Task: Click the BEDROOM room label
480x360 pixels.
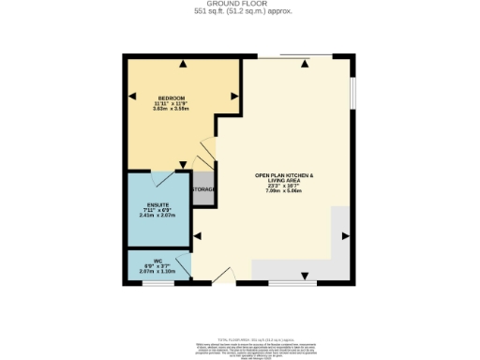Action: click(x=171, y=98)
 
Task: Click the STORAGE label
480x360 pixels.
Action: click(x=203, y=190)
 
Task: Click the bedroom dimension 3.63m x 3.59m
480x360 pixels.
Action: click(x=171, y=110)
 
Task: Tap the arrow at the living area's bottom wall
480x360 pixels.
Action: click(x=304, y=276)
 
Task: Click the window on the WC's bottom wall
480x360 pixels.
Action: click(x=158, y=282)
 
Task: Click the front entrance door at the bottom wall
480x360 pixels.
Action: click(x=223, y=276)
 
